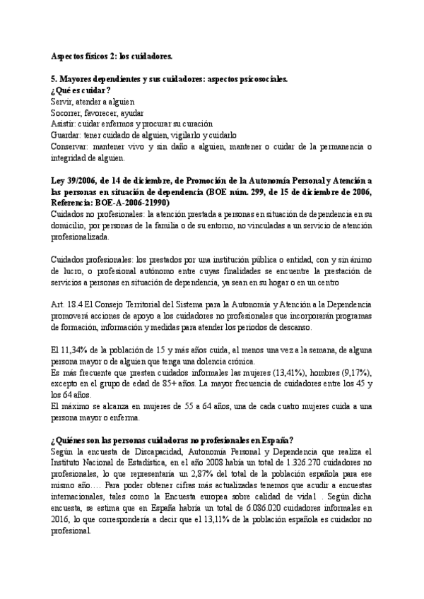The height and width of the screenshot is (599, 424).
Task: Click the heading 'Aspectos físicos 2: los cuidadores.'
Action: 111,55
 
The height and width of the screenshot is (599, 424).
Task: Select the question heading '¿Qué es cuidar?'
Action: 81,90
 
